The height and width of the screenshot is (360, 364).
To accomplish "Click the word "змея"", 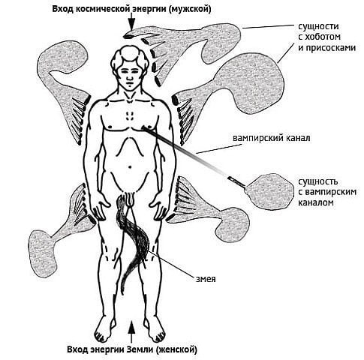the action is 206,279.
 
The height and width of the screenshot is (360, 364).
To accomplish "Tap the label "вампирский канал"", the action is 272,138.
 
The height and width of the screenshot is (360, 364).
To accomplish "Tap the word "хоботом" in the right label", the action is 323,37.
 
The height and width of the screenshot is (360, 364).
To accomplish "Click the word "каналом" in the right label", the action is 316,202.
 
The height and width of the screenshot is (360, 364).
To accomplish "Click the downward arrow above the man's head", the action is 131,22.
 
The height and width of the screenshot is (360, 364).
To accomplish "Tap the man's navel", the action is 130,166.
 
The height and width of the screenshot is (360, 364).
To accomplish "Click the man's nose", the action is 130,77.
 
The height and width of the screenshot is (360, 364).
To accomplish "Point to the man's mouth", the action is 130,84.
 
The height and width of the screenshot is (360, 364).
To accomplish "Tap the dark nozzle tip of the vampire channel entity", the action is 230,178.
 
